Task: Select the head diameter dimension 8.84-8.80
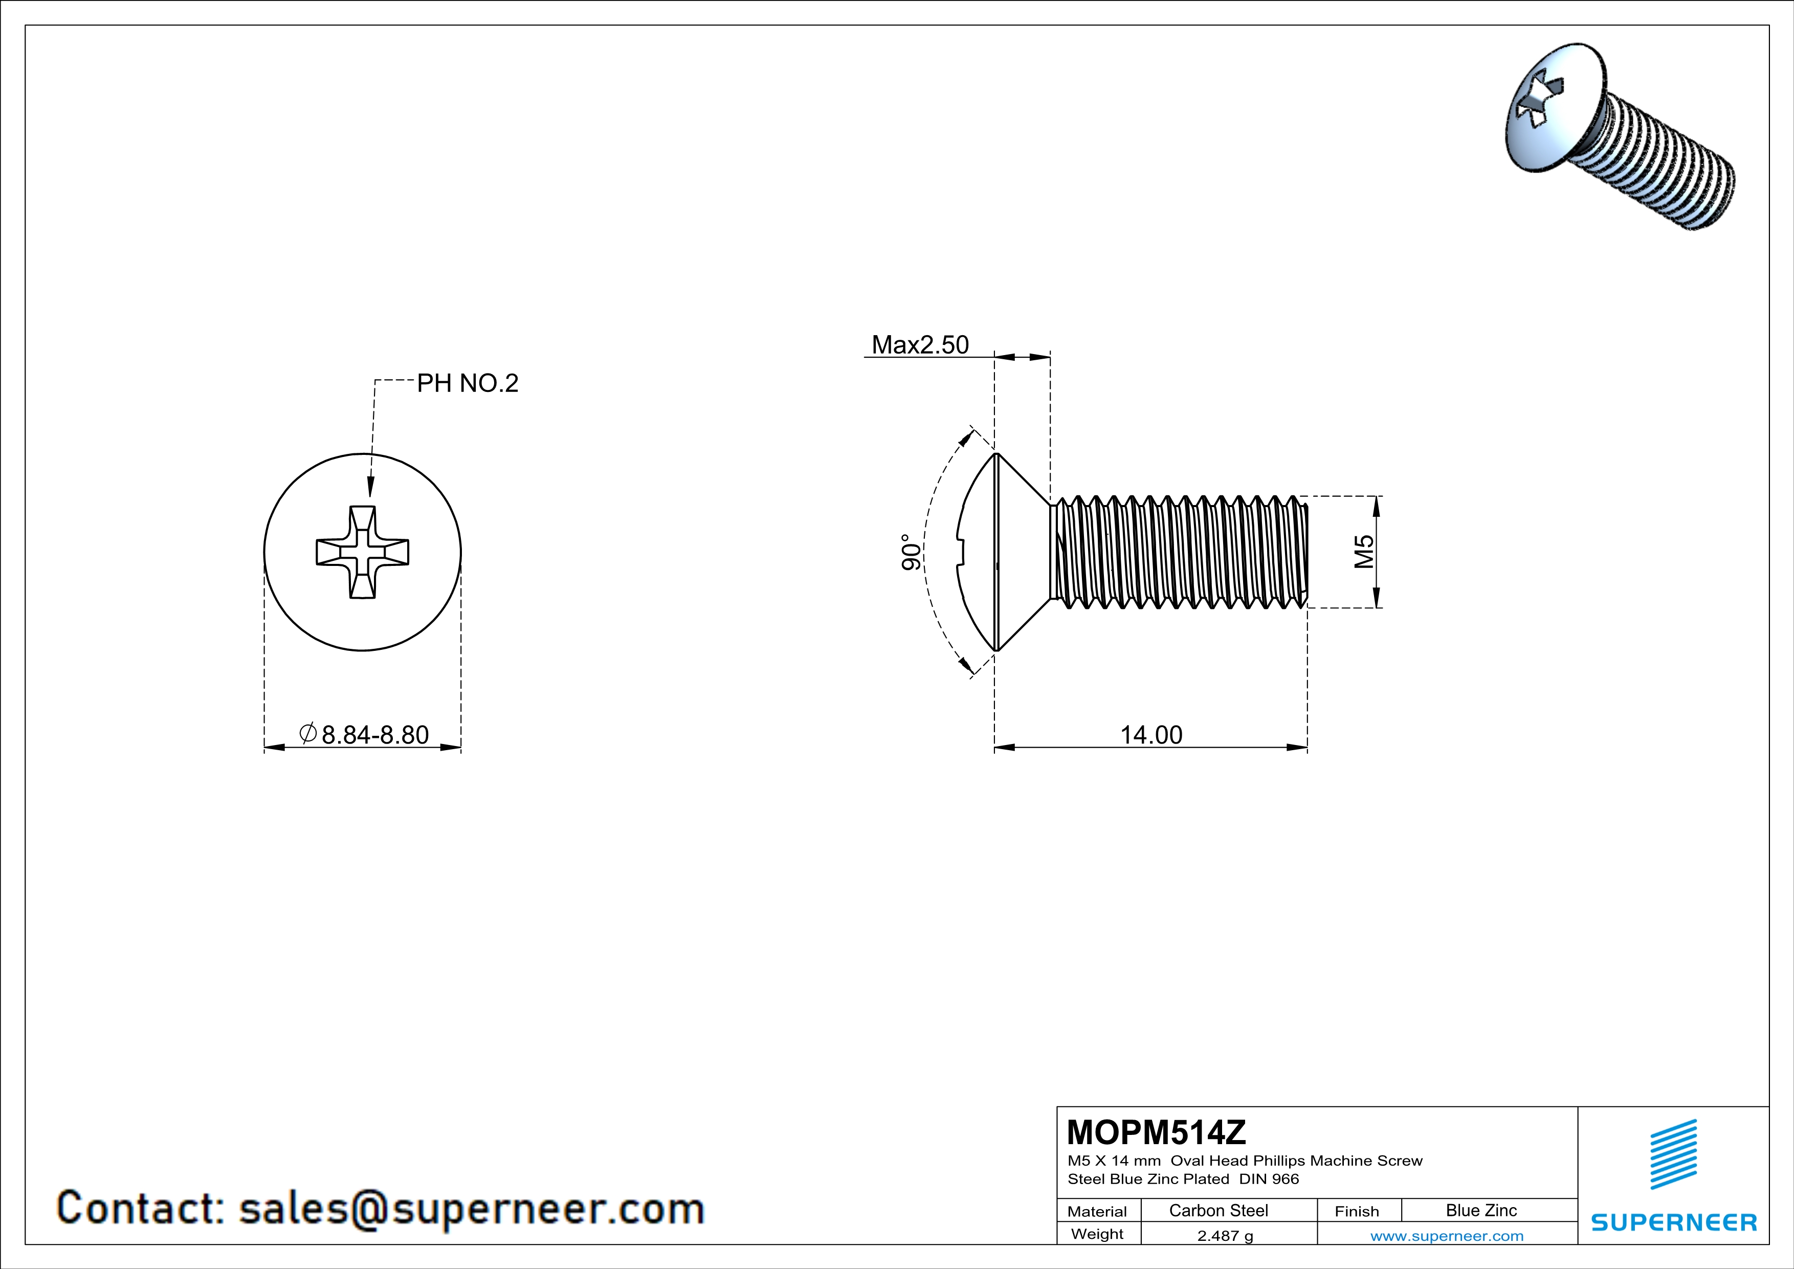(374, 734)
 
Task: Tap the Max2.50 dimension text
(920, 344)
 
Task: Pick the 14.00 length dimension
(1151, 734)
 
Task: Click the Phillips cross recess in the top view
(362, 552)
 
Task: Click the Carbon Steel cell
(1218, 1210)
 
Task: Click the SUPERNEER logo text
(1674, 1222)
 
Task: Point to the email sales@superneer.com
(471, 1208)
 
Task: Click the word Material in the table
(1097, 1211)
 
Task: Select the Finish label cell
(1357, 1211)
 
